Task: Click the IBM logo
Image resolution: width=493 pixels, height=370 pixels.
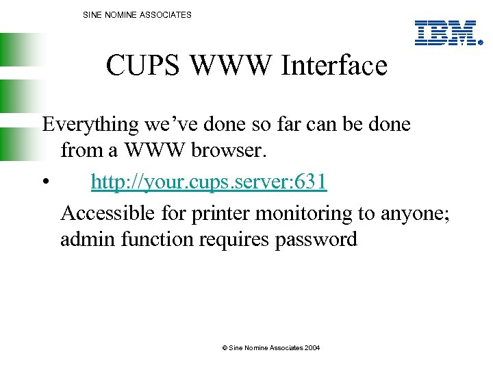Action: click(x=446, y=33)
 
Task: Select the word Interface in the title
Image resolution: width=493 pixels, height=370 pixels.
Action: click(x=335, y=66)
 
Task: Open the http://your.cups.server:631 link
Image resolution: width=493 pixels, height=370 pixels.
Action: click(x=209, y=182)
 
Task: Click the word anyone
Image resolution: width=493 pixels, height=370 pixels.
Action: click(x=414, y=214)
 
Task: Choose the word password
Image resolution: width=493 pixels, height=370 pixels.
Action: click(x=318, y=239)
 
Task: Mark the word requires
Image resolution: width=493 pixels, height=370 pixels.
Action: click(x=234, y=239)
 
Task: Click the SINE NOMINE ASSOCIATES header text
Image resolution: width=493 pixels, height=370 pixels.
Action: click(x=137, y=14)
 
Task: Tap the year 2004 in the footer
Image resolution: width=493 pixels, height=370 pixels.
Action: click(x=312, y=348)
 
